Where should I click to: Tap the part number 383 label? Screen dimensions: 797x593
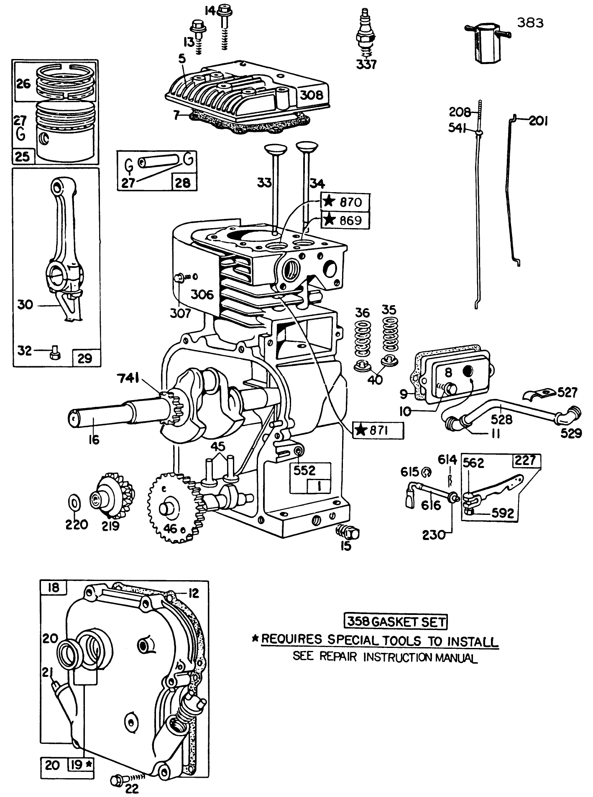[x=530, y=23]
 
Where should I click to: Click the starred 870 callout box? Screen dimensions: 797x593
[x=345, y=202]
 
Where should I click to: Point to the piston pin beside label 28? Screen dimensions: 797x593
[x=160, y=165]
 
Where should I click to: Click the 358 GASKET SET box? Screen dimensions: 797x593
[x=395, y=622]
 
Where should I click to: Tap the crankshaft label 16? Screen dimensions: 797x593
[x=95, y=440]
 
